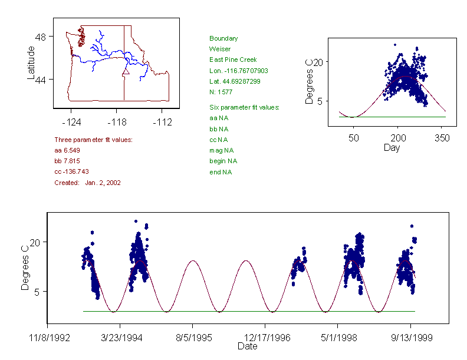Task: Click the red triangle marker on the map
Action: (125, 72)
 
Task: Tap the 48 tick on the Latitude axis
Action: (41, 37)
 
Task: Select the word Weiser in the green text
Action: (220, 49)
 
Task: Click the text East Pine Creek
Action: (233, 60)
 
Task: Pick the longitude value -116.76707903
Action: (239, 71)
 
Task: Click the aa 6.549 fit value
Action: (67, 150)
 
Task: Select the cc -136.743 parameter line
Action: (71, 171)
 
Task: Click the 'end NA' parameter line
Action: (221, 172)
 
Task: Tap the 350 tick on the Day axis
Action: (442, 138)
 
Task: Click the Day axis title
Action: (392, 147)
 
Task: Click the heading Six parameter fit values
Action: (244, 107)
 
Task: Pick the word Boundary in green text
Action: (223, 38)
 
